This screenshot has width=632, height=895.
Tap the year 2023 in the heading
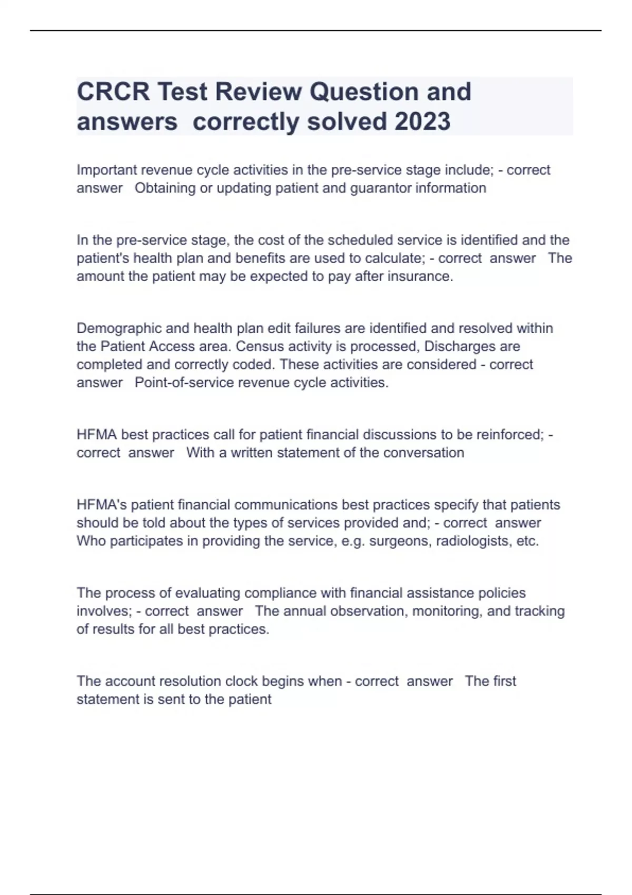pyautogui.click(x=422, y=122)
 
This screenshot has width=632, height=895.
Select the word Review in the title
pyautogui.click(x=258, y=92)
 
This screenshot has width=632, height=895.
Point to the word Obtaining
pyautogui.click(x=165, y=188)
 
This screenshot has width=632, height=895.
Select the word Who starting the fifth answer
pyautogui.click(x=91, y=541)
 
